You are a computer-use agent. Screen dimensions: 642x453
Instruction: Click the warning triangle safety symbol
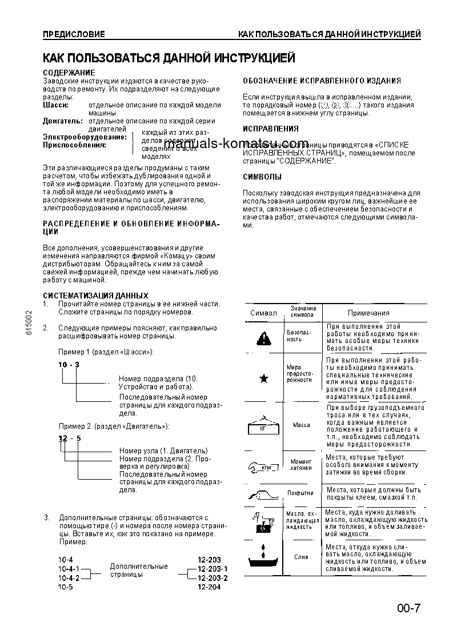pyautogui.click(x=263, y=339)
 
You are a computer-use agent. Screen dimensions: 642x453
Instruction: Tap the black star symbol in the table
pyautogui.click(x=263, y=378)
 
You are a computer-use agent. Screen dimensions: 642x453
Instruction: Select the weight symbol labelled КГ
pyautogui.click(x=263, y=425)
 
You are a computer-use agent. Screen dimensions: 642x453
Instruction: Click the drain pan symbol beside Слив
pyautogui.click(x=263, y=556)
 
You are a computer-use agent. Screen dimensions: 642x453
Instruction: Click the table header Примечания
pyautogui.click(x=368, y=313)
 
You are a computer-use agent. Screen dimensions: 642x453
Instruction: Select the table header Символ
pyautogui.click(x=263, y=313)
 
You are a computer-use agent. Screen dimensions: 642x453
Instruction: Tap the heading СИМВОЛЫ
pyautogui.click(x=262, y=177)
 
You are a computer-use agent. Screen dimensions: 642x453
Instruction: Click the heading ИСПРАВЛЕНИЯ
pyautogui.click(x=270, y=129)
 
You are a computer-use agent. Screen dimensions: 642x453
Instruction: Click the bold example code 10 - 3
pyautogui.click(x=68, y=365)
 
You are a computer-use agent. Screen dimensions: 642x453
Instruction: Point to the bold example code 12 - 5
pyautogui.click(x=69, y=438)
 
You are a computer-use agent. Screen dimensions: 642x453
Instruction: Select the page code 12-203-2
pyautogui.click(x=213, y=578)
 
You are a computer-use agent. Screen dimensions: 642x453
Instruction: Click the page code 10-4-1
pyautogui.click(x=68, y=569)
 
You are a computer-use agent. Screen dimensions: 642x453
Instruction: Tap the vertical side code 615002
pyautogui.click(x=29, y=326)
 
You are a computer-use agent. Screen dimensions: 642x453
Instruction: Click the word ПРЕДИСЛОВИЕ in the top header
pyautogui.click(x=74, y=34)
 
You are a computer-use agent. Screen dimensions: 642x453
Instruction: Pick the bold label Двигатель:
pyautogui.click(x=63, y=121)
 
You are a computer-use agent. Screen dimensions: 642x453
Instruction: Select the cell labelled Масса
pyautogui.click(x=301, y=425)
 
